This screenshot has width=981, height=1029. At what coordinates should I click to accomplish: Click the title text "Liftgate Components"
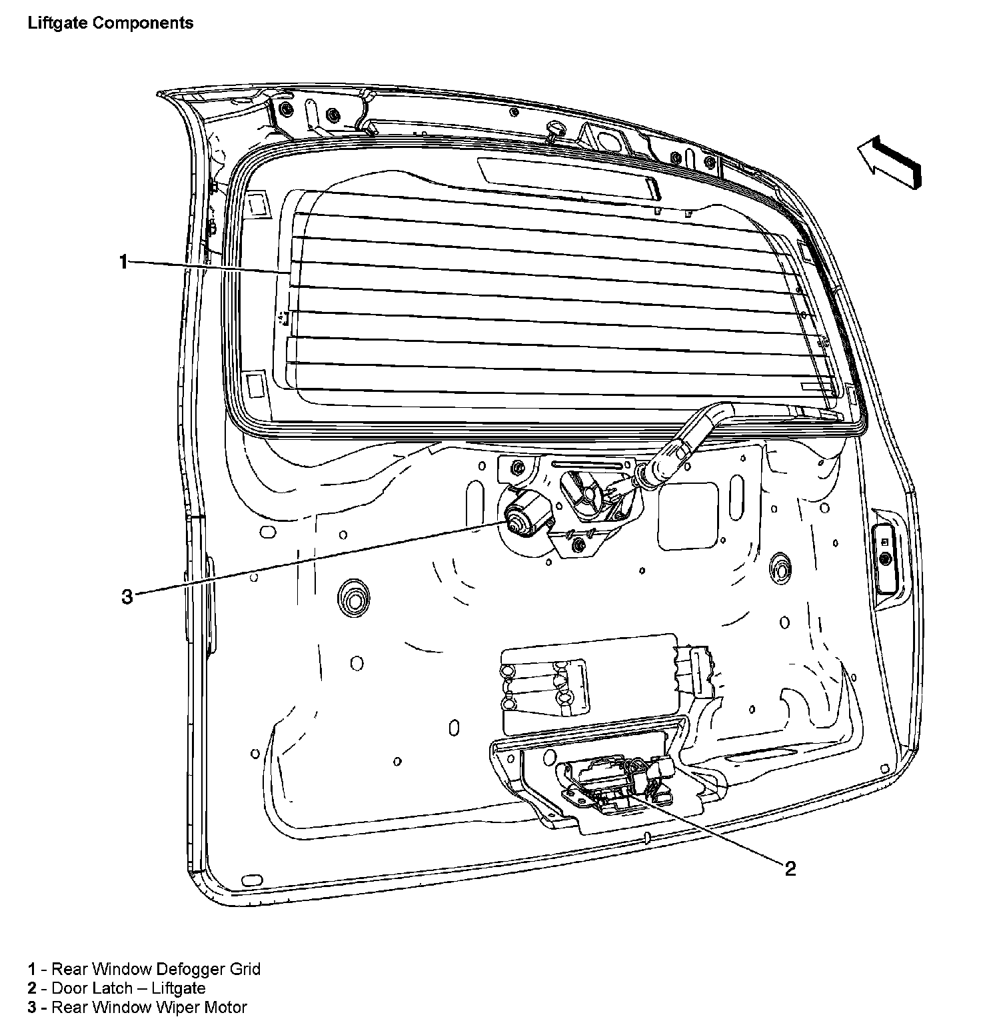[110, 23]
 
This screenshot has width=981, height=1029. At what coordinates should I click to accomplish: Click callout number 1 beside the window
[123, 262]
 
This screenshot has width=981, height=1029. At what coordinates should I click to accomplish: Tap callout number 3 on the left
[127, 596]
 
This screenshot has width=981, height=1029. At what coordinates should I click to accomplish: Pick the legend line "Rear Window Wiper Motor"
[137, 1007]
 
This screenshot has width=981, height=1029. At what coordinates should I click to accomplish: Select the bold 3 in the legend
[31, 1007]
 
